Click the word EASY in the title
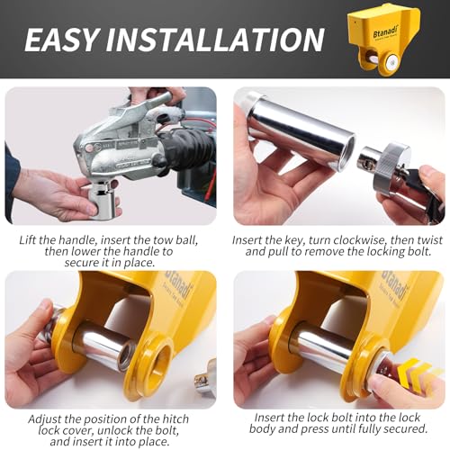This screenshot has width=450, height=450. point(61,40)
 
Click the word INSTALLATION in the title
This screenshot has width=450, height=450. point(215,40)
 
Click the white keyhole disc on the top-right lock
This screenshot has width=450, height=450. point(391,63)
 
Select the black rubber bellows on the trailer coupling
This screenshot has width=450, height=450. point(186,147)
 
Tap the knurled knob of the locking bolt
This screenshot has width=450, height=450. point(390,167)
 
